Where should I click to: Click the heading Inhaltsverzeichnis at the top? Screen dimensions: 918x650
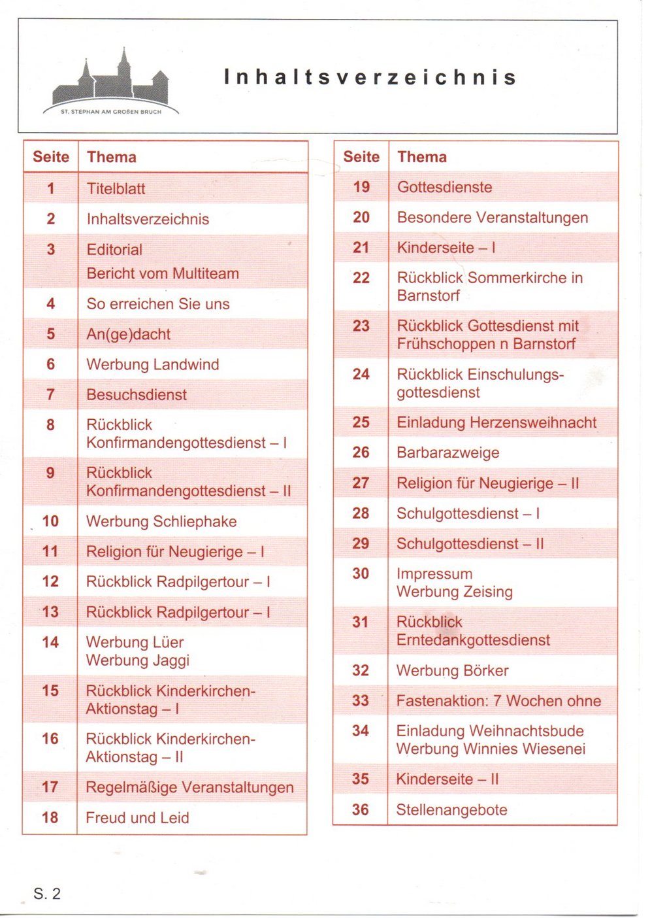[x=370, y=77]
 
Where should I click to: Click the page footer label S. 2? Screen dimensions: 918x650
[x=47, y=894]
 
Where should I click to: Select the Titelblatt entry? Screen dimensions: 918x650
[x=116, y=189]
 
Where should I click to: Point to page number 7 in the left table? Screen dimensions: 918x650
[x=50, y=394]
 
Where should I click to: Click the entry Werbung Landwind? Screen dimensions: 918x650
[x=152, y=364]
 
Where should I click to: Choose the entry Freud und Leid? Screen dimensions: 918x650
[x=137, y=817]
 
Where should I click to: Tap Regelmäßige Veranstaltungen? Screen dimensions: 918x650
[x=189, y=787]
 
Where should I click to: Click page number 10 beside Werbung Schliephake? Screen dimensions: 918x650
[x=50, y=521]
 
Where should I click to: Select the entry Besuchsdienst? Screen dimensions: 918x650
[x=137, y=394]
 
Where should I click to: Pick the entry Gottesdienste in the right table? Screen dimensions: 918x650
[x=444, y=187]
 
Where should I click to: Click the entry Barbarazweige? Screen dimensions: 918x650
[x=447, y=452]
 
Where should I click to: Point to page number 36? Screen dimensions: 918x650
[x=361, y=809]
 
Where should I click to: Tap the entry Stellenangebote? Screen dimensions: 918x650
[x=451, y=809]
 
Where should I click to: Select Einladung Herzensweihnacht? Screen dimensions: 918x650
[x=496, y=422]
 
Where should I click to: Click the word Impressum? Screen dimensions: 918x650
[x=434, y=573]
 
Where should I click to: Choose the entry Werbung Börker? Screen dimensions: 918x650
[x=452, y=670]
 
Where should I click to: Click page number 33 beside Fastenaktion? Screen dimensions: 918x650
[x=361, y=700]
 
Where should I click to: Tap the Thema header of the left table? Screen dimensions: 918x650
[x=112, y=157]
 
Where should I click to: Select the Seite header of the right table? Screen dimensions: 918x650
[x=361, y=157]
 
